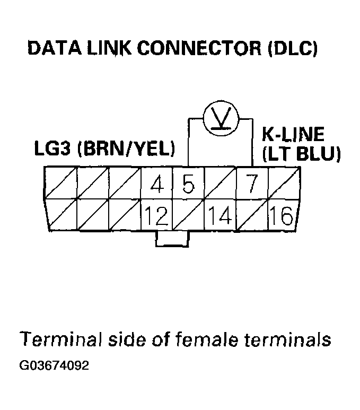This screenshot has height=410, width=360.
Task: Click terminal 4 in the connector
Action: (156, 184)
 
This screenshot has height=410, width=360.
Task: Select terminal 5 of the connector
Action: (188, 184)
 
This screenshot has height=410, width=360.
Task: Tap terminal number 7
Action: (252, 184)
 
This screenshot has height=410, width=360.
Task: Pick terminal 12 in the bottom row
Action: (156, 216)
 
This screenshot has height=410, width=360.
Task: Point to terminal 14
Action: (220, 216)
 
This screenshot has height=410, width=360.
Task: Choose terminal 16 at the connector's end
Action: (283, 216)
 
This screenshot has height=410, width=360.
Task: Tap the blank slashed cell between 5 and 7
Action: (220, 184)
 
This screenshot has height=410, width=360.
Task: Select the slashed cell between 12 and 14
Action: (188, 216)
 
